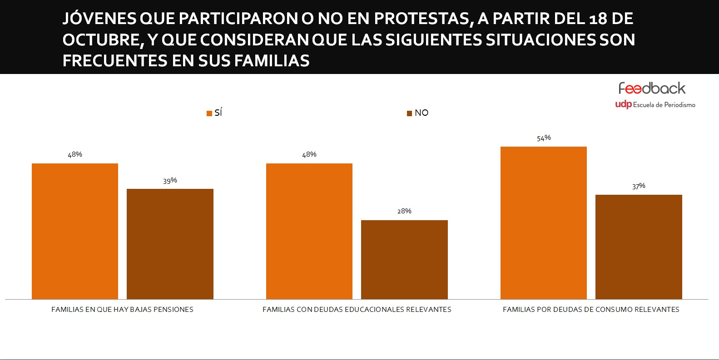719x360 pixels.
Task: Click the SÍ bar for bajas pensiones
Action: click(x=75, y=231)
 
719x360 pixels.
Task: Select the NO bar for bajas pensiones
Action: click(x=170, y=244)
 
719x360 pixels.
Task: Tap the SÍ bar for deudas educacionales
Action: click(x=309, y=231)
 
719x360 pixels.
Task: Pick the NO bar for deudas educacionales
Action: click(x=404, y=259)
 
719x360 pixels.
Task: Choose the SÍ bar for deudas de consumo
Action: click(x=544, y=222)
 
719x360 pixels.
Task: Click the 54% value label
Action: click(x=544, y=138)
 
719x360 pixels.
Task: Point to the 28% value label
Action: click(x=404, y=211)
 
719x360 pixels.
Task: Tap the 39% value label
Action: click(x=170, y=181)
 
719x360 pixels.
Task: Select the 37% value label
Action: click(x=639, y=186)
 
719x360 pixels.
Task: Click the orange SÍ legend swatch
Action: click(x=209, y=113)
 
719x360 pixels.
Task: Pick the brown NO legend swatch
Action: click(x=409, y=113)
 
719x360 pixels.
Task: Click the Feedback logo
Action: click(x=652, y=88)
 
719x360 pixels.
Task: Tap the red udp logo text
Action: click(x=623, y=104)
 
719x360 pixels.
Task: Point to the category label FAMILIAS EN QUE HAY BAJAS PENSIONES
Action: click(x=122, y=310)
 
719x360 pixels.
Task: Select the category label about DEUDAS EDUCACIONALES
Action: click(x=357, y=310)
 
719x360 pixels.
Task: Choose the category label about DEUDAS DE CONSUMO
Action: click(x=591, y=310)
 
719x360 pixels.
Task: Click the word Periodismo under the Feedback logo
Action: click(x=679, y=105)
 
